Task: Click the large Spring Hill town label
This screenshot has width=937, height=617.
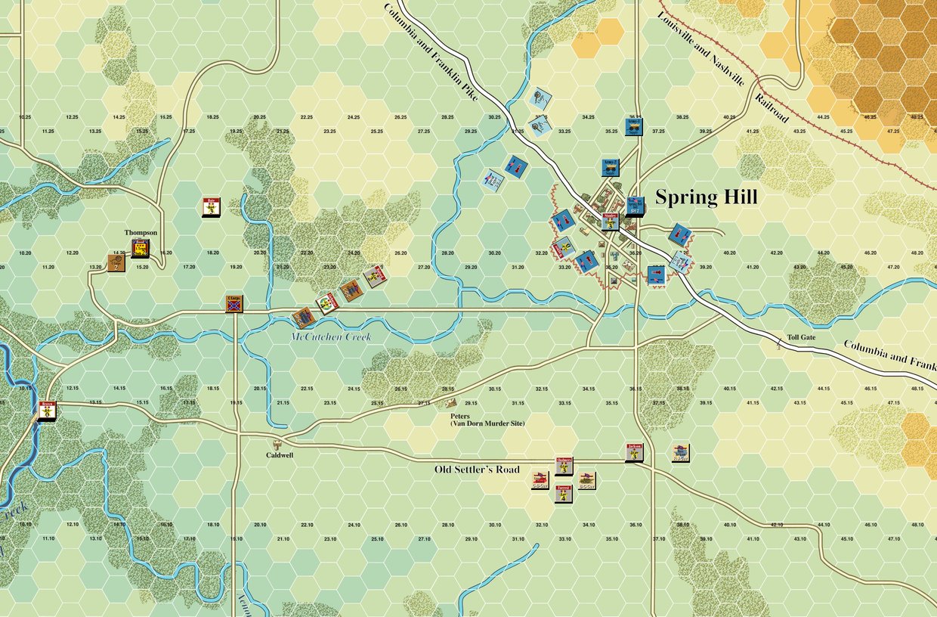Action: [x=706, y=198]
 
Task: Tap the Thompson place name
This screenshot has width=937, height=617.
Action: [x=141, y=233]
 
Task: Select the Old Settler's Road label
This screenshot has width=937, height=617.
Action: [x=477, y=470]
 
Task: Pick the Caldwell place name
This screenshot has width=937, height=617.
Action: [x=280, y=455]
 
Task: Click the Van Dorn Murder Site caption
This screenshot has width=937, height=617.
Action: [x=487, y=423]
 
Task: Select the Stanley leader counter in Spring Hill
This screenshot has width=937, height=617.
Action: [x=611, y=221]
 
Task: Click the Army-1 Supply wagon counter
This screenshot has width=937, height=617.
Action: [x=634, y=126]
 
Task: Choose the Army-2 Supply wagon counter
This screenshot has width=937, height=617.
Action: [x=611, y=167]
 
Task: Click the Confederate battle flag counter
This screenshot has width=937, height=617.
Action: [x=234, y=304]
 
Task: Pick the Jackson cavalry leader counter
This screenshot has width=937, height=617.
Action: [x=634, y=452]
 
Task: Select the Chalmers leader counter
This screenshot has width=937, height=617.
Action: [x=564, y=466]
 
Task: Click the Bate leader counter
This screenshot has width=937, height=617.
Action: [x=212, y=206]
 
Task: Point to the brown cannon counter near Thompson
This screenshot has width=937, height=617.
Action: [x=116, y=264]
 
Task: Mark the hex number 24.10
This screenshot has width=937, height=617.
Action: [x=353, y=524]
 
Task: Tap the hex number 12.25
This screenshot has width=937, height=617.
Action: [x=72, y=117]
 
